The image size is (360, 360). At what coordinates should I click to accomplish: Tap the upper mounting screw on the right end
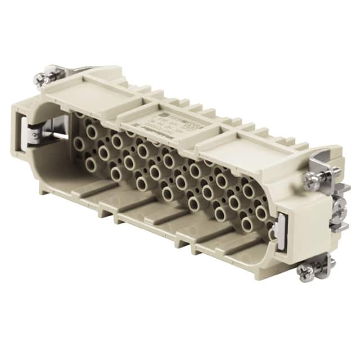(311, 180)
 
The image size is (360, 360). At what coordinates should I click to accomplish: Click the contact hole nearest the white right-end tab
(262, 213)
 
